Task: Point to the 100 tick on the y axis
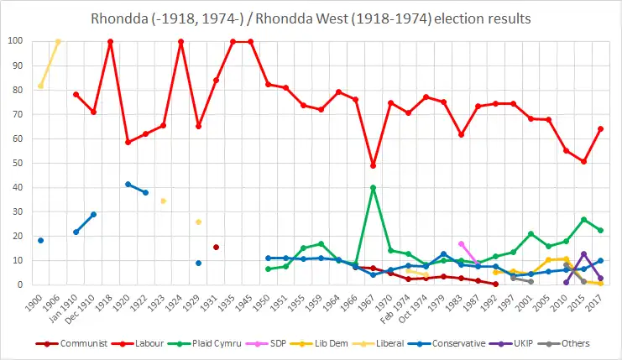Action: coord(15,41)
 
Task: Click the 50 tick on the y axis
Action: coord(18,163)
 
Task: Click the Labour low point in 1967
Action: coord(373,165)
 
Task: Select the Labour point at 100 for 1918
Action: coord(111,41)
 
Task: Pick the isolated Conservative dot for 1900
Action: coord(40,241)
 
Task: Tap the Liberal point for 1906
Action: coord(58,41)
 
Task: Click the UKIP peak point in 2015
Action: coord(583,254)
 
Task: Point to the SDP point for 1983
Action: coord(461,244)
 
